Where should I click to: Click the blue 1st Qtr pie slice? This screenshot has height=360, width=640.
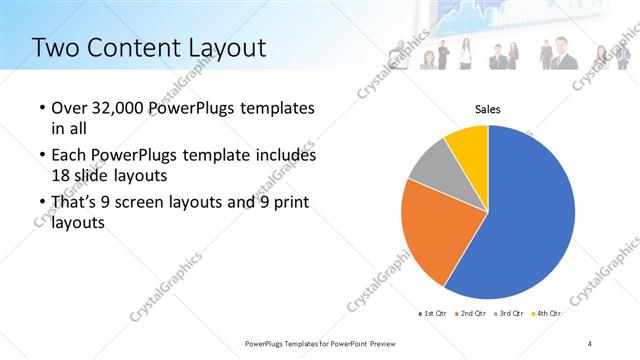(x=525, y=215)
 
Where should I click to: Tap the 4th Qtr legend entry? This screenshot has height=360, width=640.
(x=546, y=313)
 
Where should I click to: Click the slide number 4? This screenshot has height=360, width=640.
(x=590, y=343)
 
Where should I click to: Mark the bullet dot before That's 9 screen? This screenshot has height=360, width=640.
(x=41, y=204)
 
